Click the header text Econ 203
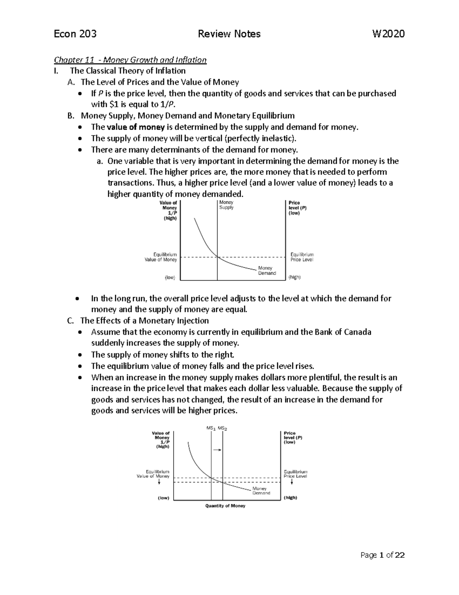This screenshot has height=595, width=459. click(x=75, y=34)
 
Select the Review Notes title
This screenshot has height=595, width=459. click(x=229, y=34)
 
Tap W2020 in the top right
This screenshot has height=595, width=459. click(x=388, y=34)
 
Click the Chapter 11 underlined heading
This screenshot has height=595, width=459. click(x=130, y=60)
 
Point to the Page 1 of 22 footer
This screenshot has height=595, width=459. click(x=382, y=555)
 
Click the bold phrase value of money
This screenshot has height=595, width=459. click(x=136, y=127)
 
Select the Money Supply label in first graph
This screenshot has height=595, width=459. click(x=226, y=205)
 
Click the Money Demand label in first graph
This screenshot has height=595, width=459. click(x=267, y=271)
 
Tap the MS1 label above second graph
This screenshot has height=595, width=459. click(x=211, y=428)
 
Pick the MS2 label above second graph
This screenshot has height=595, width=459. click(x=223, y=428)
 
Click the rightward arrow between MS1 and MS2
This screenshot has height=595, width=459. click(x=217, y=450)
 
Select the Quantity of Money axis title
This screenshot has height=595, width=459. click(x=225, y=506)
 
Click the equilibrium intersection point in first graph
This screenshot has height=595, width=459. click(x=217, y=257)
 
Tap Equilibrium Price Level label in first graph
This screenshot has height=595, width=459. click(x=302, y=257)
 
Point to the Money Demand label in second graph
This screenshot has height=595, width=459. click(x=261, y=491)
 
